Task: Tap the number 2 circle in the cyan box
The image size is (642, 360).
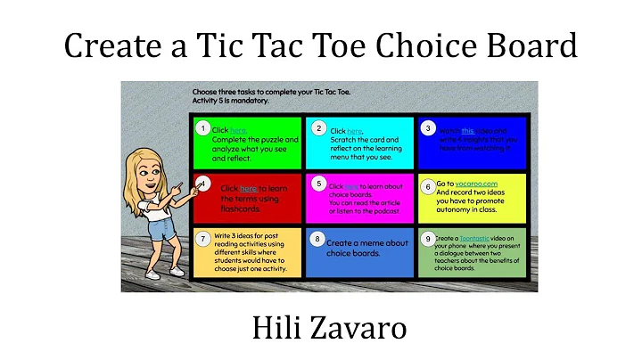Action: coord(317,128)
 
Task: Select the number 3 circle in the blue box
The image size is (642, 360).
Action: coord(428,128)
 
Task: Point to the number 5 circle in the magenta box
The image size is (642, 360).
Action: coord(318,183)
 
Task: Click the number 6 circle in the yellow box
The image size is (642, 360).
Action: coord(428,186)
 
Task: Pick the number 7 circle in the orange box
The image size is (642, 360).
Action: coord(203,238)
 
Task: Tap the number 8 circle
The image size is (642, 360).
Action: coord(317,239)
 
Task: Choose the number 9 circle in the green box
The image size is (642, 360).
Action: coord(428,239)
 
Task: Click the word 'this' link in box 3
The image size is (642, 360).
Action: coord(467,130)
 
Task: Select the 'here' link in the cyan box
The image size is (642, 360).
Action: coord(354,131)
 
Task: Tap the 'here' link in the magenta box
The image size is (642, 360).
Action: coord(350,186)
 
